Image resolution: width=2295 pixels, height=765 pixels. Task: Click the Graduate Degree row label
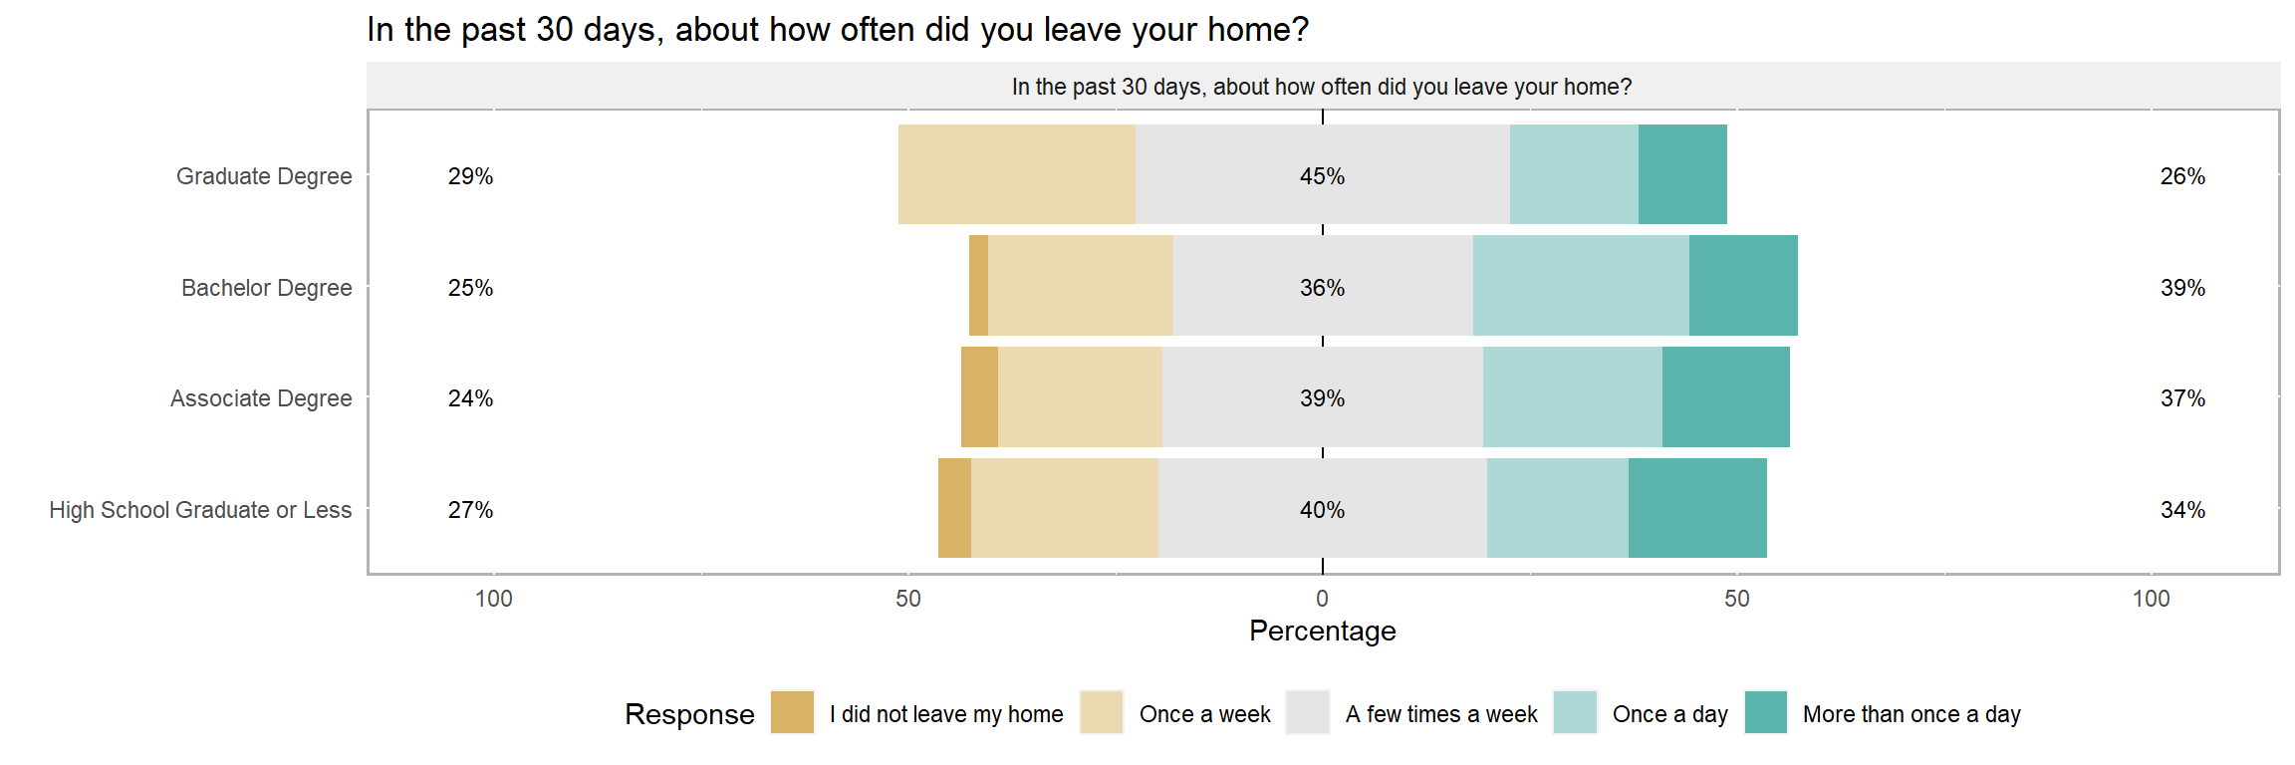264,176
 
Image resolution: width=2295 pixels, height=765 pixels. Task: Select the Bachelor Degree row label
267,288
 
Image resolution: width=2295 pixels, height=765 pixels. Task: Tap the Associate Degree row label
261,398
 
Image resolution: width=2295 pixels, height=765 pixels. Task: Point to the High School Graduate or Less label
200,510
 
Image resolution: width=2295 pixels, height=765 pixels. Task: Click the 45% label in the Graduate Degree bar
1322,176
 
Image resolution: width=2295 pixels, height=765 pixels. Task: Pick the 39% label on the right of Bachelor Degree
2182,288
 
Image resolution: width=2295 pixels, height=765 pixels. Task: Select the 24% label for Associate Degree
470,398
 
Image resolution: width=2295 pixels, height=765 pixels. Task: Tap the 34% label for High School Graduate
2182,510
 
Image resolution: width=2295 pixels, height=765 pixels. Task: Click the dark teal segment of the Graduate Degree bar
1682,174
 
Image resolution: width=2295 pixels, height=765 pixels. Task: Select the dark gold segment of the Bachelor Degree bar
978,286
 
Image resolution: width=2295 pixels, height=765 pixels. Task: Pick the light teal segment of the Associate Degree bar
1573,396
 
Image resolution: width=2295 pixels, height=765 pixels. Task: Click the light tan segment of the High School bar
1065,508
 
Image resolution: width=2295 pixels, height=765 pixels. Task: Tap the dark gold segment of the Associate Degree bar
979,396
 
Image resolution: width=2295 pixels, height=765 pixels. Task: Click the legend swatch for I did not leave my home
793,712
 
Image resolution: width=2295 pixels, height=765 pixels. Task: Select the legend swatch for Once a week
1102,712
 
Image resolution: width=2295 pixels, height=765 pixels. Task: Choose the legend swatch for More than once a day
1766,712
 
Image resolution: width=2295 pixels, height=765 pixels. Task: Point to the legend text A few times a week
1441,714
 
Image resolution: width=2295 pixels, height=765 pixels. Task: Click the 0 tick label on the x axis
1322,599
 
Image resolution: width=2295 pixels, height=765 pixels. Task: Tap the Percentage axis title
1323,632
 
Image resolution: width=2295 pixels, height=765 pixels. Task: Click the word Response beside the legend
689,714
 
